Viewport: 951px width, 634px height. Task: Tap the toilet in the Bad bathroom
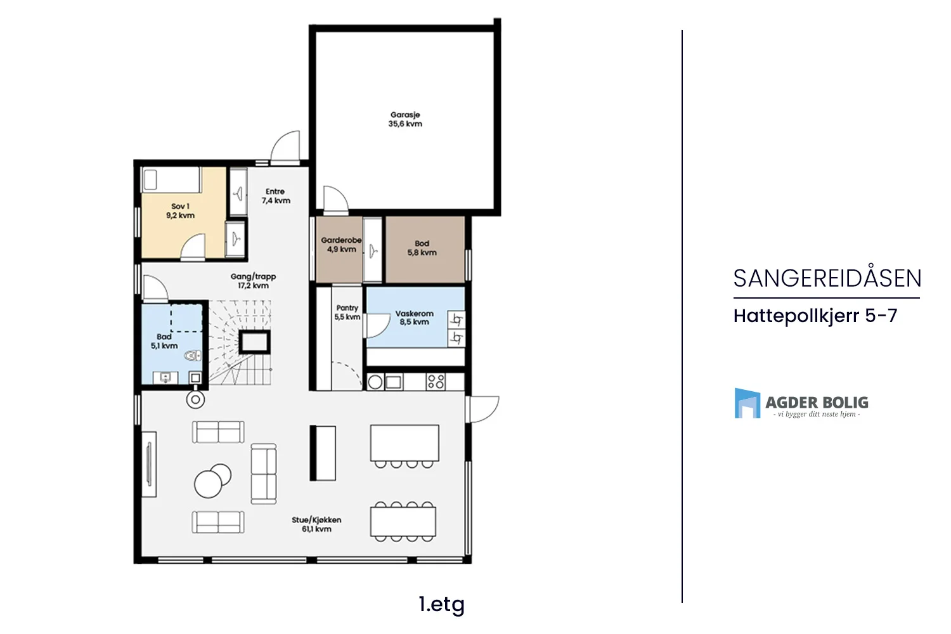pos(193,356)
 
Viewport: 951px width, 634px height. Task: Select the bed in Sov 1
pos(171,180)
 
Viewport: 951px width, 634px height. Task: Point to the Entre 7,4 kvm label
pos(276,196)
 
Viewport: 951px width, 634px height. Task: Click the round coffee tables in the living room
pos(212,481)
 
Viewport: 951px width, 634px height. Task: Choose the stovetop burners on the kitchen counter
pos(436,381)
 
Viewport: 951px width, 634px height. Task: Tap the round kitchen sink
pos(375,382)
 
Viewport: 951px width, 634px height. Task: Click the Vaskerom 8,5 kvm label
pos(415,318)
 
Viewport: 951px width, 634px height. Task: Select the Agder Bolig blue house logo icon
pos(747,403)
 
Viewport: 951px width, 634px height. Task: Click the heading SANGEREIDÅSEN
pos(827,278)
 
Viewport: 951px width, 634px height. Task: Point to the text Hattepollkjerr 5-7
pos(815,316)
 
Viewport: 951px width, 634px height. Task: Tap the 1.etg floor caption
pos(441,604)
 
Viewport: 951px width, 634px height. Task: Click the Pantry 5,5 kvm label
pos(347,312)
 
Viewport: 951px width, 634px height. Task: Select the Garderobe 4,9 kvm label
pos(341,245)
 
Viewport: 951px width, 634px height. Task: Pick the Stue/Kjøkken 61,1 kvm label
pos(316,524)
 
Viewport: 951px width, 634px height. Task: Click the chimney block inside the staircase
pos(254,342)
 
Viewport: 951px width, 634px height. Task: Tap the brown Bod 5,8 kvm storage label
pos(422,248)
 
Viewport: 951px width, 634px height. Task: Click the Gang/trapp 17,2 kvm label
pos(253,281)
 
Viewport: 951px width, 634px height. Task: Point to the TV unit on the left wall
pos(149,464)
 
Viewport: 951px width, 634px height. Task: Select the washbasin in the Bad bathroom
pos(165,377)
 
